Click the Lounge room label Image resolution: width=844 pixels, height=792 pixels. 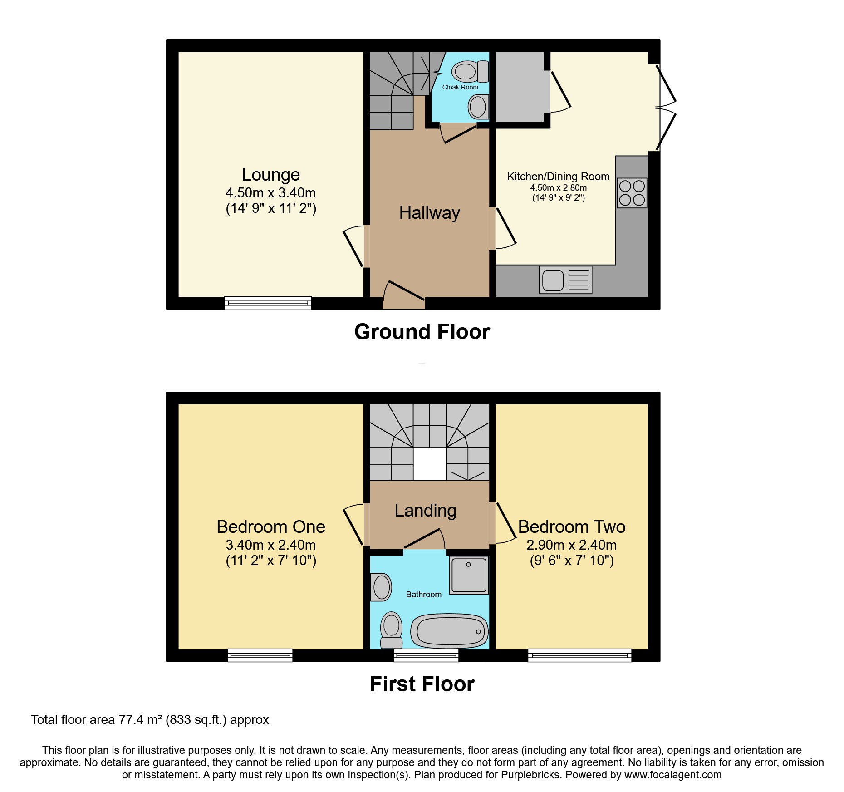click(270, 175)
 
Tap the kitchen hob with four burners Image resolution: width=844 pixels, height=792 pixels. click(632, 193)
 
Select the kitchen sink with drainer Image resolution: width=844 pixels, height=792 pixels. click(565, 280)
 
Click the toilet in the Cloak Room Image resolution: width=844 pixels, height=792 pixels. click(469, 71)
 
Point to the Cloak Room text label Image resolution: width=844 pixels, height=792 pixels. click(460, 87)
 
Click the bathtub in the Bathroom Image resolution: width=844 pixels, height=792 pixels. click(449, 631)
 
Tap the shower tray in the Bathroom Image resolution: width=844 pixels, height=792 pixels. click(469, 575)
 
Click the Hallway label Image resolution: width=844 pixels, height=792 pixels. click(429, 213)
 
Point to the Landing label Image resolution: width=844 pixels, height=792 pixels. click(425, 511)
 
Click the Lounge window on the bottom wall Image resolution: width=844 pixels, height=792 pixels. click(268, 303)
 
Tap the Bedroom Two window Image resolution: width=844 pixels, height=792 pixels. click(579, 655)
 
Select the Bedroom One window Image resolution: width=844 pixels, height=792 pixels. click(260, 655)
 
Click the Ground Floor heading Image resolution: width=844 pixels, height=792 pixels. click(422, 332)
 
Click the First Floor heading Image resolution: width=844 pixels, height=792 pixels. click(422, 684)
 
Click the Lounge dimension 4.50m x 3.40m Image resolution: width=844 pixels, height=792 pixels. click(270, 193)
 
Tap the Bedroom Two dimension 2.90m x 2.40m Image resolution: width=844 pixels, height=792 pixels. click(571, 545)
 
